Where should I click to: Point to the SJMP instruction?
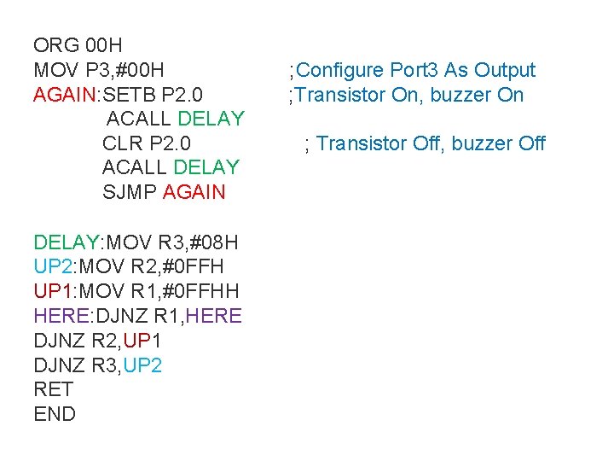tap(130, 191)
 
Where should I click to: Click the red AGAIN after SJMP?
tap(194, 191)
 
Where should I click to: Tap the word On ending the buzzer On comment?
tap(510, 95)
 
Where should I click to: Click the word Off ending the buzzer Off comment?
tap(531, 143)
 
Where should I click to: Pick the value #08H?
tap(206, 242)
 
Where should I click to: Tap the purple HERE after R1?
tap(213, 316)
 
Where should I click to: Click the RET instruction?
tap(54, 390)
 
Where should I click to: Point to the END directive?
tap(55, 415)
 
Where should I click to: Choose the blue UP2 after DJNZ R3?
tap(142, 365)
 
